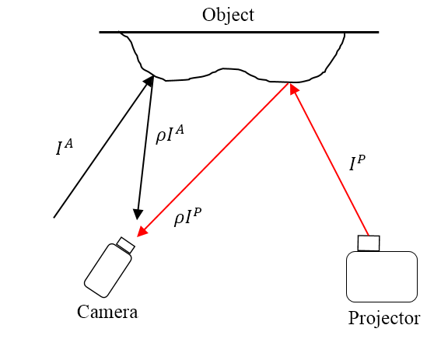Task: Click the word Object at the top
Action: [x=228, y=15]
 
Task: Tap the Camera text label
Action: [x=107, y=312]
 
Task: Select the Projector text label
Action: [x=384, y=319]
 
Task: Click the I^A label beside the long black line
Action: [x=65, y=148]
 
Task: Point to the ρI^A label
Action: [x=170, y=135]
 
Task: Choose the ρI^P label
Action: [x=188, y=217]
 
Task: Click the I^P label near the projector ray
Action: [x=357, y=163]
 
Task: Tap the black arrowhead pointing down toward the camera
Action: [x=138, y=215]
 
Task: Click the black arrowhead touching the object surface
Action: [x=149, y=81]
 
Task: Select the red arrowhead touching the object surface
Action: [x=294, y=89]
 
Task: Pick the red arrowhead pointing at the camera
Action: [x=142, y=232]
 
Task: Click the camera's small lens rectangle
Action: [x=126, y=245]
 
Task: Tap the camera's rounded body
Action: [x=108, y=271]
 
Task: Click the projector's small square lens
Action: [x=369, y=243]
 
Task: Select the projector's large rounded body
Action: [x=382, y=277]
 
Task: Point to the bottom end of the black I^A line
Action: [x=54, y=218]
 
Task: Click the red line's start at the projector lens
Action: [x=368, y=236]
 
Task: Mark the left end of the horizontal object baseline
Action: [x=100, y=33]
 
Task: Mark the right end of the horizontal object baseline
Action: [x=379, y=33]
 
